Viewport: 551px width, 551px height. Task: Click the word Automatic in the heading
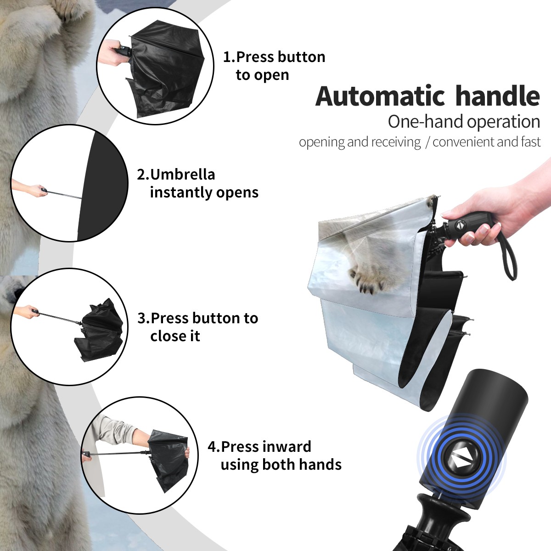(380, 96)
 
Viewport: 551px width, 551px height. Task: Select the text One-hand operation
(464, 122)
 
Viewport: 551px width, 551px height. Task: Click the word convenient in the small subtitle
(463, 142)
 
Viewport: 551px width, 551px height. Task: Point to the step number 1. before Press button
(229, 57)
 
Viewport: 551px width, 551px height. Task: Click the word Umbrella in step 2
(182, 174)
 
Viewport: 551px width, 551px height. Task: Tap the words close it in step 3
(175, 336)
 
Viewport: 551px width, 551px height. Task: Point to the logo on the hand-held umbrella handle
(460, 225)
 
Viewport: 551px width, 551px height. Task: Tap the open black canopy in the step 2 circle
(101, 186)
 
